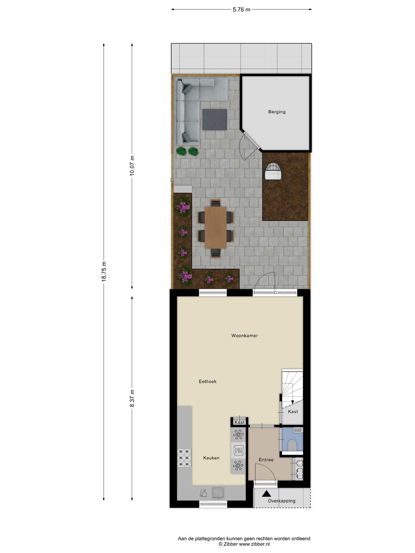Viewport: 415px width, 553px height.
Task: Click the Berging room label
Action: click(277, 112)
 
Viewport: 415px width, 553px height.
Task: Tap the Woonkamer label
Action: click(244, 336)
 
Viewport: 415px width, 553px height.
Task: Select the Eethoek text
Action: click(207, 381)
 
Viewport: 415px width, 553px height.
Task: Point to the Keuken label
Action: click(211, 458)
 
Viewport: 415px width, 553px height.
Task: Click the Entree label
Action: click(266, 460)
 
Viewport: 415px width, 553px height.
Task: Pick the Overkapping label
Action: click(282, 501)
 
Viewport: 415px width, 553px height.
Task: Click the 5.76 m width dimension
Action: click(241, 10)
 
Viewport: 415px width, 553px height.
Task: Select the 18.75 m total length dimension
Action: click(104, 271)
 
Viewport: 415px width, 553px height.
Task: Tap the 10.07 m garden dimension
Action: click(132, 166)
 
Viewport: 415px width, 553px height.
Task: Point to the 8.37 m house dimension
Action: click(132, 398)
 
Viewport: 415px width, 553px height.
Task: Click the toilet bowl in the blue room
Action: click(292, 445)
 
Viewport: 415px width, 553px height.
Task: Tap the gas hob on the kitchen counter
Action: click(184, 458)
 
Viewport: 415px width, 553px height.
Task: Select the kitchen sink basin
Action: click(218, 493)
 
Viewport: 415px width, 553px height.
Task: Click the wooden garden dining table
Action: click(216, 227)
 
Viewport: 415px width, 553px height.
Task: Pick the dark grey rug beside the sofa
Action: click(214, 119)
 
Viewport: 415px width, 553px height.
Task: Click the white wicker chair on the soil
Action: click(274, 171)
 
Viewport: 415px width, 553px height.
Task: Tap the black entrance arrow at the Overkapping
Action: click(267, 494)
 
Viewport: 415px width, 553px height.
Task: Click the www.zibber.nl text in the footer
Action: click(254, 544)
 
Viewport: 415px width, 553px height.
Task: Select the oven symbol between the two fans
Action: click(239, 450)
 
